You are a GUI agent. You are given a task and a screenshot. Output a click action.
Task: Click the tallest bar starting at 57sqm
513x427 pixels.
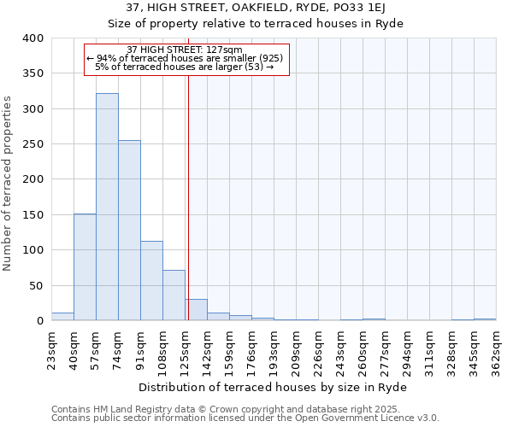[x=107, y=207]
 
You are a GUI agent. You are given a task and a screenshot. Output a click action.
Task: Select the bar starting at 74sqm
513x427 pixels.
[x=129, y=231]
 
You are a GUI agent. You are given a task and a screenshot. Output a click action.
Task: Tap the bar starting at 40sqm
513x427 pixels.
[x=85, y=267]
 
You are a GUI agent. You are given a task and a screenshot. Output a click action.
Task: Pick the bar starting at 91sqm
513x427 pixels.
[x=151, y=281]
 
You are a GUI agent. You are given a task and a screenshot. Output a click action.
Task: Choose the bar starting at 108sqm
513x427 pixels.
[x=174, y=295]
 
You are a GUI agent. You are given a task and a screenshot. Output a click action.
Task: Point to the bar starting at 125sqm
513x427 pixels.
[x=196, y=310]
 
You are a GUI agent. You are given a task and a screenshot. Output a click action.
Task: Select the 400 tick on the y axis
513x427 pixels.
[x=32, y=38]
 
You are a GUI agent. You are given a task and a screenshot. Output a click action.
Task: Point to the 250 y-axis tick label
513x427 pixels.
[x=32, y=144]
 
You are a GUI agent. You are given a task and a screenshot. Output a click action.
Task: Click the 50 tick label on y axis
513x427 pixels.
[x=36, y=285]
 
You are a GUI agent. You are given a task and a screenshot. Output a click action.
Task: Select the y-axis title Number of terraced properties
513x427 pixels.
[x=8, y=184]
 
